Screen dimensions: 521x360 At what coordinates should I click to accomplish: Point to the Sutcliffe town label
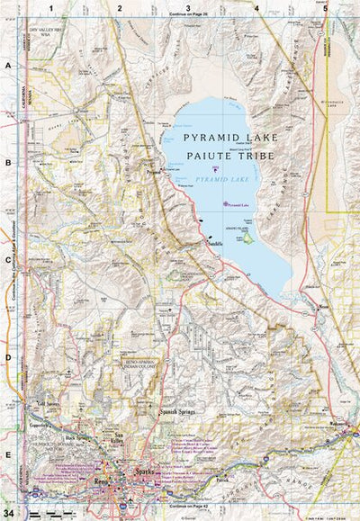[x=213, y=243]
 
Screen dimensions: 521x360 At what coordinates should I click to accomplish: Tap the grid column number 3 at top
[x=187, y=7]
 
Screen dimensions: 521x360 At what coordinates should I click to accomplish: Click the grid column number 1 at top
[x=52, y=7]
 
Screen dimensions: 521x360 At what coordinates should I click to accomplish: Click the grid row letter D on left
[x=7, y=356]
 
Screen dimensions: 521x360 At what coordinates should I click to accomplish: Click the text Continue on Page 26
[x=187, y=15]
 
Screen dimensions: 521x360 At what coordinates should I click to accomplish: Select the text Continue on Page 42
[x=187, y=509]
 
